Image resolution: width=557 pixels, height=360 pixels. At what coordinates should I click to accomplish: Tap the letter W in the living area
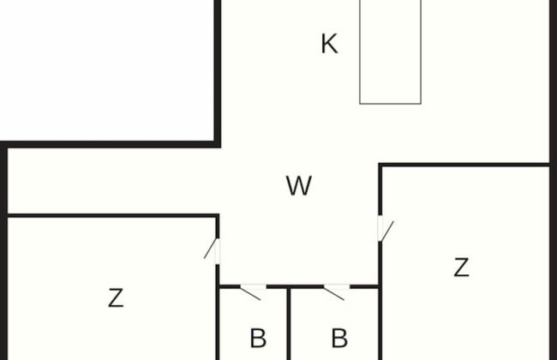[298, 186]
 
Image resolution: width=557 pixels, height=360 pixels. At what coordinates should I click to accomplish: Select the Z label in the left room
[116, 298]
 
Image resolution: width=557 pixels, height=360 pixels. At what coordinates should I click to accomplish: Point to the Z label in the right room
[461, 267]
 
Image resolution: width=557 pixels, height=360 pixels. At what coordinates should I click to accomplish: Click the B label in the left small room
[257, 338]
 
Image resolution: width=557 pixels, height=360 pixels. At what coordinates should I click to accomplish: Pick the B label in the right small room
[338, 338]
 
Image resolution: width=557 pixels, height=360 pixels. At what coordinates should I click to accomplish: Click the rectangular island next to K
[391, 51]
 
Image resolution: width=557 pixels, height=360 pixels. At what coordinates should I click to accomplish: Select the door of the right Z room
[385, 231]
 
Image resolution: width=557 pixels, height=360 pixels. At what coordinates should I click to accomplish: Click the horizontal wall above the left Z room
[111, 216]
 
